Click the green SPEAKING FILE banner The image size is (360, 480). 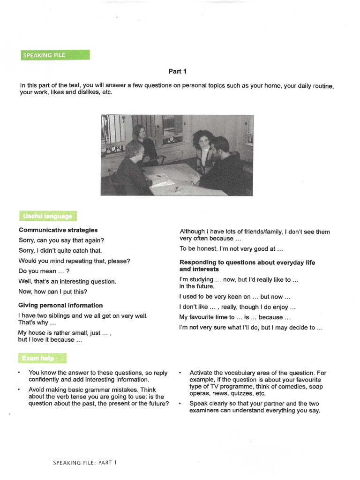[55, 55]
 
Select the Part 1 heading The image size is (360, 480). [178, 71]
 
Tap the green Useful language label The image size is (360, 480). [47, 216]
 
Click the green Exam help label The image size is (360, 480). [42, 359]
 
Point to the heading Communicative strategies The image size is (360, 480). [58, 230]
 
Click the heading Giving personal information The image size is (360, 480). [60, 305]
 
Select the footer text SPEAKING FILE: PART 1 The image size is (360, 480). [85, 462]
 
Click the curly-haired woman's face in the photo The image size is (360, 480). [203, 141]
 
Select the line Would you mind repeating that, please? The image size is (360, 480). [75, 261]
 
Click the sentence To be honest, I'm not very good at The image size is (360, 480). [231, 249]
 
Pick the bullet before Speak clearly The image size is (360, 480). [180, 404]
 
